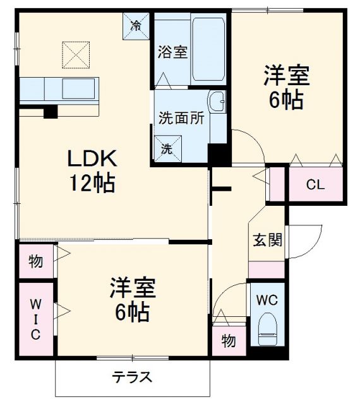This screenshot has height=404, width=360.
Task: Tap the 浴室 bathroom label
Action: point(172,52)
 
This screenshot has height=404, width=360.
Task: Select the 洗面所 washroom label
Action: point(181,118)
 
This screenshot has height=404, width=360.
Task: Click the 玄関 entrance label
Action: point(267,241)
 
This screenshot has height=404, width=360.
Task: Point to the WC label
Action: point(268,299)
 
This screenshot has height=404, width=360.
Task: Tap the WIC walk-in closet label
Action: point(36,319)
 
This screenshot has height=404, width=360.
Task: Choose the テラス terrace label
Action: point(132,377)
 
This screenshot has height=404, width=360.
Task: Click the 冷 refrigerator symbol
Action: point(136,27)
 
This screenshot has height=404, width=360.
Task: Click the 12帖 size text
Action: point(92,183)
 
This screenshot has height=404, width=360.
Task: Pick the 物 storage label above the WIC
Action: point(36,261)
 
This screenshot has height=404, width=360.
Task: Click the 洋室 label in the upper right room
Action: point(286,75)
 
